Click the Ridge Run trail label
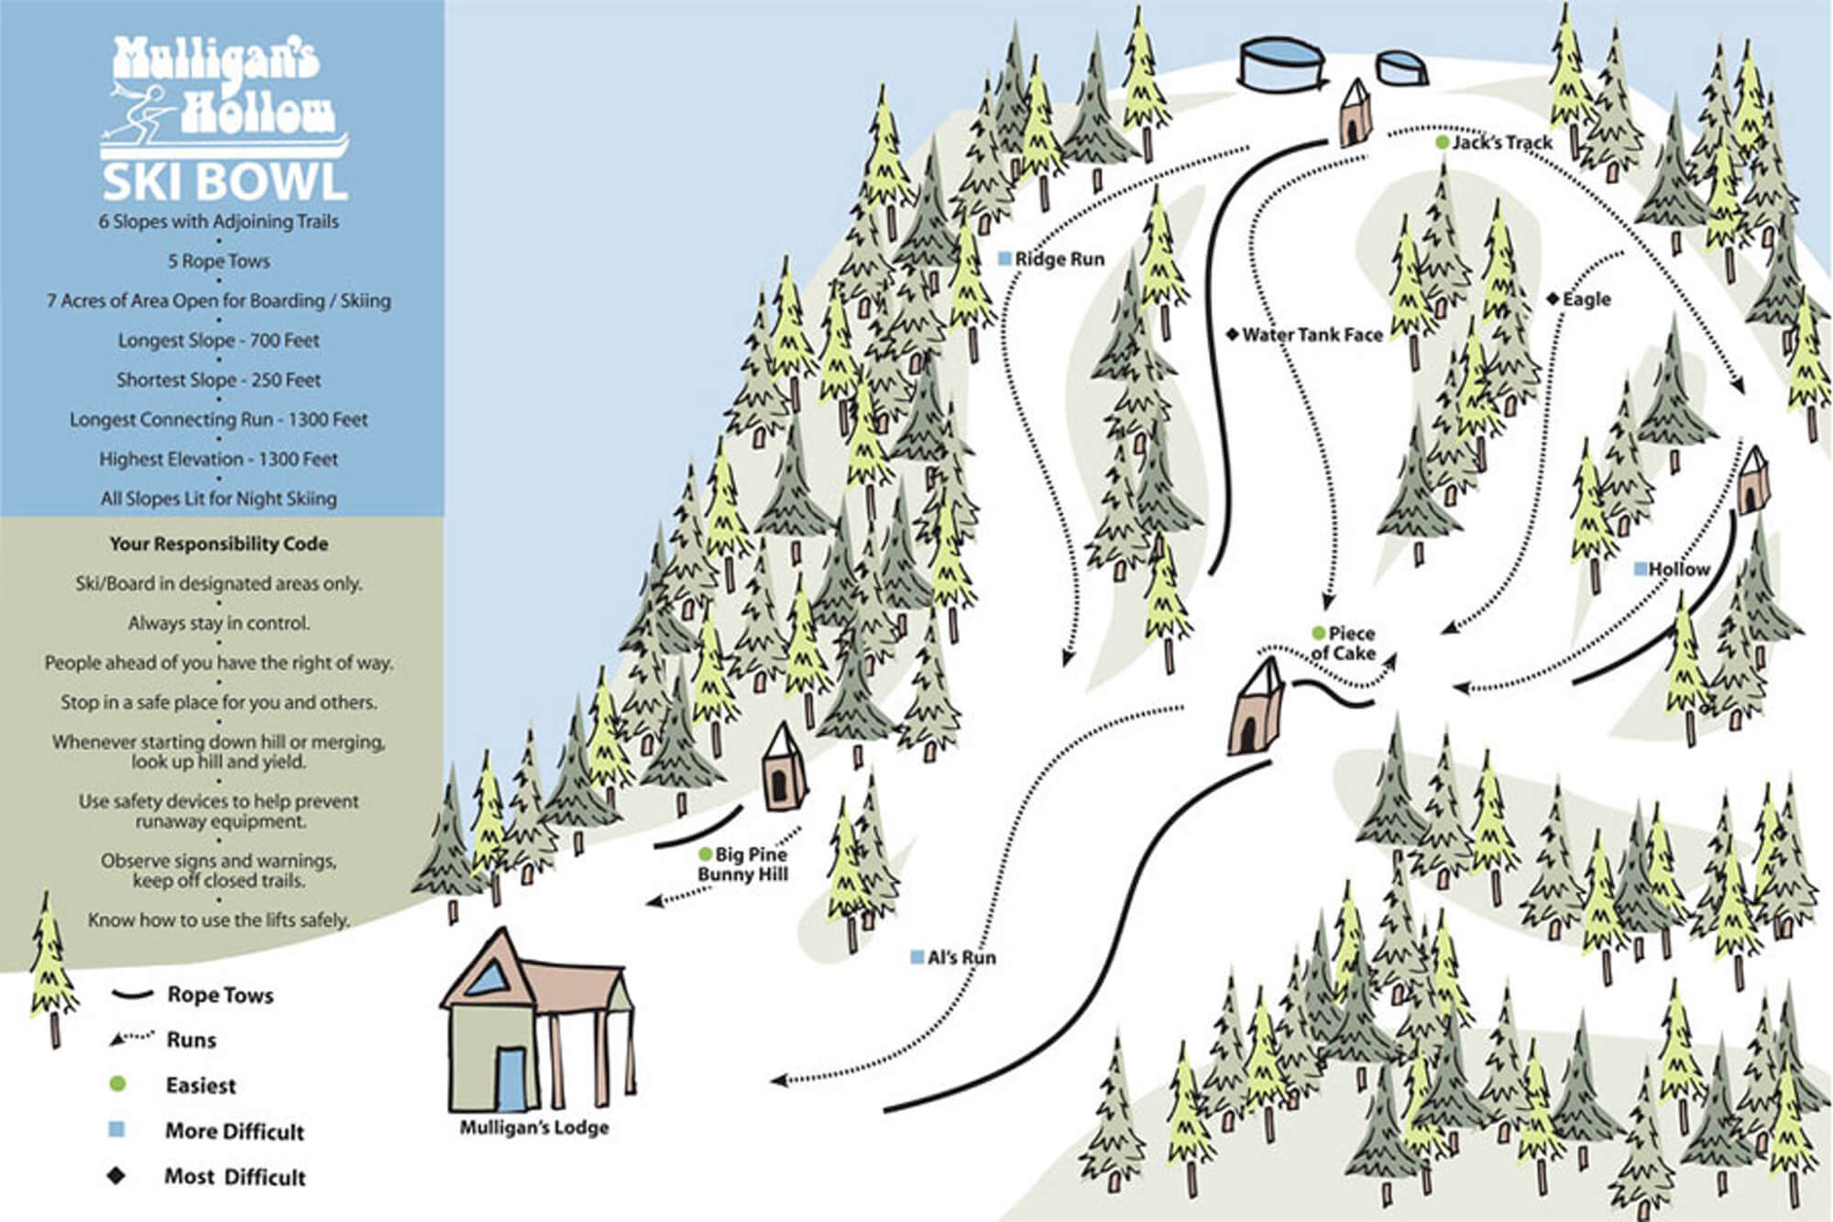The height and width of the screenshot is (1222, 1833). pyautogui.click(x=1059, y=259)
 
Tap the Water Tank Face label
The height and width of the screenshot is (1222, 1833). pyautogui.click(x=1312, y=336)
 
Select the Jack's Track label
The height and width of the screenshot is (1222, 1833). pyautogui.click(x=1501, y=143)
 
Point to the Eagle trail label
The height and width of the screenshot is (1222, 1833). pyautogui.click(x=1586, y=300)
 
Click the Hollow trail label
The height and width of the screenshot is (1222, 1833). pyautogui.click(x=1678, y=569)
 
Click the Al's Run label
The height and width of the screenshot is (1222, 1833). pyautogui.click(x=960, y=958)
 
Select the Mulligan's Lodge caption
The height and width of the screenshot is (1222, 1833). pyautogui.click(x=534, y=1128)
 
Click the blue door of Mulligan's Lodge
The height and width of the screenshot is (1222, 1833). pyautogui.click(x=510, y=1080)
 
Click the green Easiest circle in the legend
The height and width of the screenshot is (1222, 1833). pyautogui.click(x=117, y=1084)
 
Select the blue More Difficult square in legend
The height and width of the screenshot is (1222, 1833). pyautogui.click(x=116, y=1130)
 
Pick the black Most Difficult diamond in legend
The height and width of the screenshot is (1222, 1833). pyautogui.click(x=116, y=1175)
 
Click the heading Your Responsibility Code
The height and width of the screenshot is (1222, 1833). pyautogui.click(x=219, y=544)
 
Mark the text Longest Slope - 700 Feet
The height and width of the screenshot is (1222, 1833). pyautogui.click(x=219, y=340)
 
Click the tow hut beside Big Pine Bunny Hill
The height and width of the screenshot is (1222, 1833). pyautogui.click(x=782, y=768)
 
